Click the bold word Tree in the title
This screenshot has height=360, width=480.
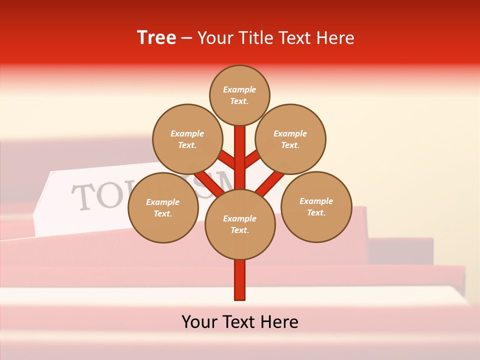pyautogui.click(x=156, y=37)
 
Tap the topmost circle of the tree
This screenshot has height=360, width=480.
pyautogui.click(x=239, y=95)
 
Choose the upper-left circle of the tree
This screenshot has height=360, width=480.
pyautogui.click(x=187, y=139)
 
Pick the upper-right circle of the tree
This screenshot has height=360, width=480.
pyautogui.click(x=290, y=139)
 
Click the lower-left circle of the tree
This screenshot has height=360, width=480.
pyautogui.click(x=163, y=207)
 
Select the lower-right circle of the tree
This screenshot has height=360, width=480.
pyautogui.click(x=316, y=206)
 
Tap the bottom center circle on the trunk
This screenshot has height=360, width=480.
pyautogui.click(x=240, y=224)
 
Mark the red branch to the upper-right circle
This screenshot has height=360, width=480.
pyautogui.click(x=252, y=159)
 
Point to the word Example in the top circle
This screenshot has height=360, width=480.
pyautogui.click(x=239, y=89)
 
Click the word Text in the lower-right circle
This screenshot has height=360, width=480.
pyautogui.click(x=316, y=212)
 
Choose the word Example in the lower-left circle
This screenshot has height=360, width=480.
pyautogui.click(x=163, y=202)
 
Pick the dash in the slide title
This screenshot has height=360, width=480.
pyautogui.click(x=186, y=38)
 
